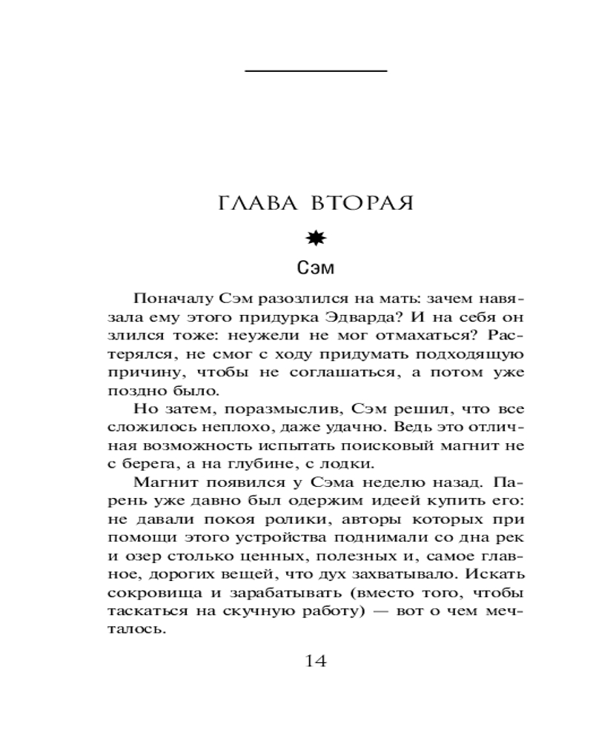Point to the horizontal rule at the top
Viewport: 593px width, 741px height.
[317, 70]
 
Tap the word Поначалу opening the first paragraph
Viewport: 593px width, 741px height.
[166, 299]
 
